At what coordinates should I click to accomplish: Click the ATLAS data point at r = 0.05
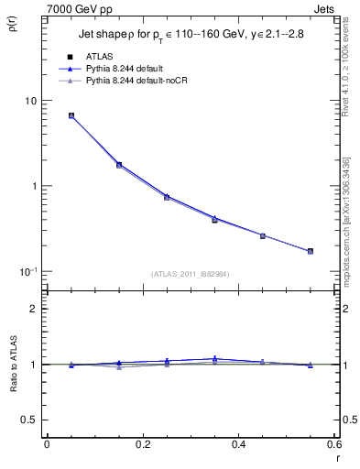(x=71, y=116)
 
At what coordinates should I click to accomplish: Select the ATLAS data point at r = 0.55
(x=311, y=251)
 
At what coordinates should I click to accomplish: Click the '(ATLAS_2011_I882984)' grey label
(x=191, y=274)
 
